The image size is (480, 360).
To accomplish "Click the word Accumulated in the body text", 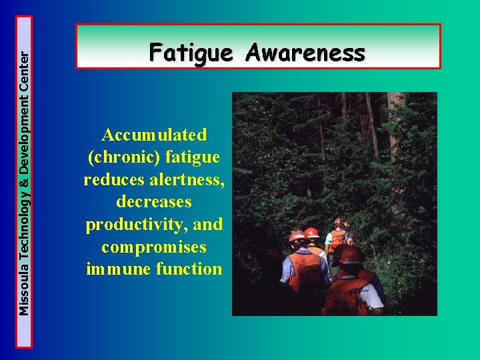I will pyautogui.click(x=154, y=135).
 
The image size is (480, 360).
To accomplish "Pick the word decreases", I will pyautogui.click(x=154, y=202).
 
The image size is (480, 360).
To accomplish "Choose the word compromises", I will pyautogui.click(x=154, y=247).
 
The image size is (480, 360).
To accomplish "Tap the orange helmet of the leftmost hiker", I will pyautogui.click(x=297, y=237).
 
